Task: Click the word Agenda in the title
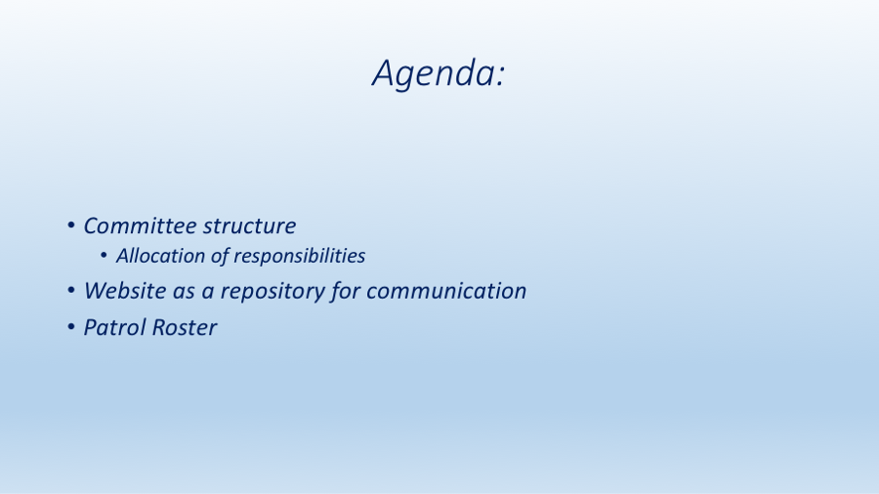pos(433,73)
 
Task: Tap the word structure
pos(249,226)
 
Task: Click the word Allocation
pos(160,256)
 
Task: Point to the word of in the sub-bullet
pos(220,256)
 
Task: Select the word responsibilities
pos(300,256)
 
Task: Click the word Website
pos(126,291)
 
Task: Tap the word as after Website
pos(184,292)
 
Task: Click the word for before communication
pos(346,292)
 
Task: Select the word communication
pos(446,291)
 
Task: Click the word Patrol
pos(115,327)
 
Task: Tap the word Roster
pos(185,327)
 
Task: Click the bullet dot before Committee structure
pos(71,226)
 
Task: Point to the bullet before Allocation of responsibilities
pos(104,256)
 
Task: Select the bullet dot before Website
pos(71,290)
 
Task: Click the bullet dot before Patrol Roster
pos(71,326)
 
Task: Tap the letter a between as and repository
pos(208,292)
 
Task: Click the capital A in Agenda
pos(384,73)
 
